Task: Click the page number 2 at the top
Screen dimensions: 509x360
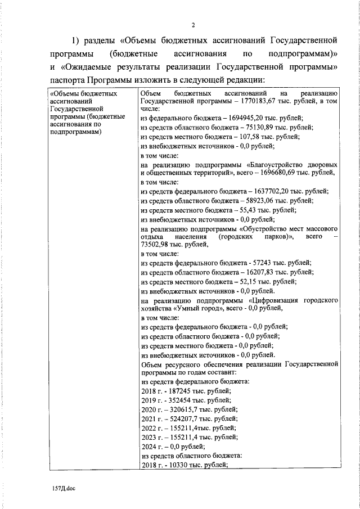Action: pyautogui.click(x=192, y=25)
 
